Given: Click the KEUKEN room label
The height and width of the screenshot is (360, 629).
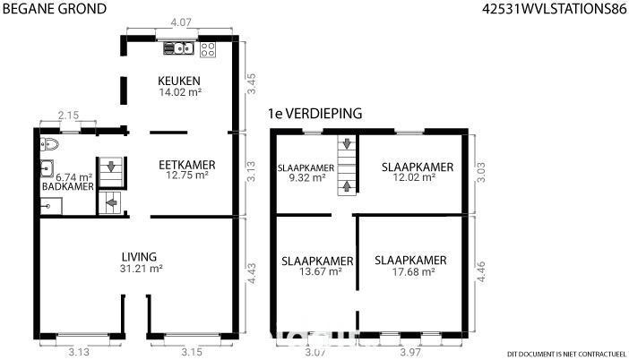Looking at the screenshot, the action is (179, 81).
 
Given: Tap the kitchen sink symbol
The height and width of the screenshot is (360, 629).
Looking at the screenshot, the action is (179, 48).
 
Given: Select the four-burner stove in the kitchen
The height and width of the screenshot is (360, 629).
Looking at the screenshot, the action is (208, 50).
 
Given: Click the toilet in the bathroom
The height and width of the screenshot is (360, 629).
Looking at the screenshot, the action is (49, 144).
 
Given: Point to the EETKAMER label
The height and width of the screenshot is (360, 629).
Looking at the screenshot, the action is (187, 165).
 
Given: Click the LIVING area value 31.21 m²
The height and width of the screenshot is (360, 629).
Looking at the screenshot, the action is (141, 269).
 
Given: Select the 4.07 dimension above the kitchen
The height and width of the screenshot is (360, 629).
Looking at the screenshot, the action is (181, 22).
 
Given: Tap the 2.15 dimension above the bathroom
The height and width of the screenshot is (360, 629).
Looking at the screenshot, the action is (68, 116).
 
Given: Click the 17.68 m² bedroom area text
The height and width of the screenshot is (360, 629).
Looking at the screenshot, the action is (414, 272).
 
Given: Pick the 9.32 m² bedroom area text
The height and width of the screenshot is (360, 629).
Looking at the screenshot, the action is (306, 177).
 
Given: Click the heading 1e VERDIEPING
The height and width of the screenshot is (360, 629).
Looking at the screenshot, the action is (315, 114).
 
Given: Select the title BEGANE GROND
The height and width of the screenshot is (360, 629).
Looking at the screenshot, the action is (55, 9).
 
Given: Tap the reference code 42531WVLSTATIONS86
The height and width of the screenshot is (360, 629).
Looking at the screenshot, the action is (554, 9).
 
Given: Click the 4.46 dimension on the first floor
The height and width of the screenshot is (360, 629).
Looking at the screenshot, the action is (480, 272).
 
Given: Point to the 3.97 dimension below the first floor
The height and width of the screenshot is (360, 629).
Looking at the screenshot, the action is (410, 352).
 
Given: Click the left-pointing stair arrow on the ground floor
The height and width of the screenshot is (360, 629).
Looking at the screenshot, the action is (111, 203).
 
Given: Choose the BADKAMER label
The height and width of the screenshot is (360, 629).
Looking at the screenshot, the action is (68, 186).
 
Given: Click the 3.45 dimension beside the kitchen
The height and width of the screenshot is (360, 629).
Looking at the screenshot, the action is (251, 83).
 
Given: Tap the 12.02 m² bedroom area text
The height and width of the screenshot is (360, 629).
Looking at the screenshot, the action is (414, 177).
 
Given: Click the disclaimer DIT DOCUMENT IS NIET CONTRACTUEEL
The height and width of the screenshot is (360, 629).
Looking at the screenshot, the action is (566, 354).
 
